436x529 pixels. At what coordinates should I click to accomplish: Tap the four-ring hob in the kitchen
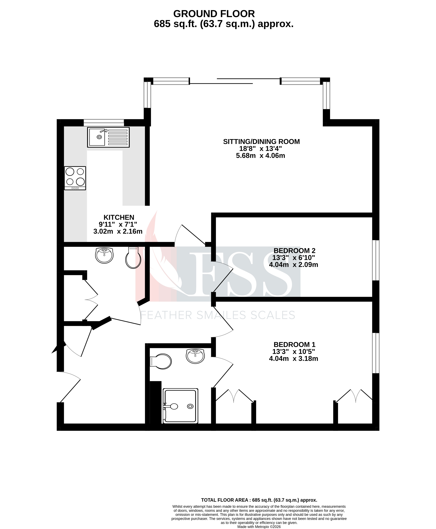[x=75, y=178]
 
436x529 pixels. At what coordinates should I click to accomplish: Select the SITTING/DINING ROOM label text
[x=261, y=141]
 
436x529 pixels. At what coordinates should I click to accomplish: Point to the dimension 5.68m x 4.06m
[x=260, y=156]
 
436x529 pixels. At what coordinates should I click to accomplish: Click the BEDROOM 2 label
[x=294, y=251]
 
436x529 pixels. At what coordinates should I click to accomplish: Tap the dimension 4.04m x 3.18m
[x=293, y=359]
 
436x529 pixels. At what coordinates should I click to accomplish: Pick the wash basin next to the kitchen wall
[x=104, y=255]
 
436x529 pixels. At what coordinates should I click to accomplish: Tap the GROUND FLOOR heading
[x=214, y=14]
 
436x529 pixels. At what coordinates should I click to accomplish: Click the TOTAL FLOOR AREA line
[x=259, y=500]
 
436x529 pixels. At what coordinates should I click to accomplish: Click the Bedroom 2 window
[x=375, y=260]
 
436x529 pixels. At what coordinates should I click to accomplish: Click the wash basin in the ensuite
[x=195, y=356]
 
